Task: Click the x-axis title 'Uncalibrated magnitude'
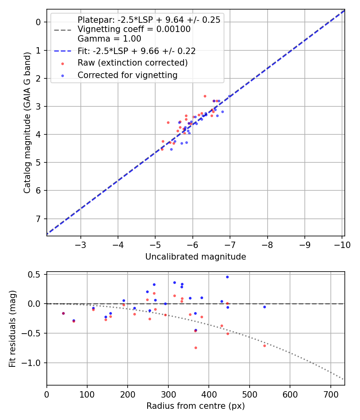(x=195, y=256)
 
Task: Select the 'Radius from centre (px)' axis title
(x=195, y=406)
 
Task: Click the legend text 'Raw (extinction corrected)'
(x=132, y=63)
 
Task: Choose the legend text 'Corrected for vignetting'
(x=128, y=75)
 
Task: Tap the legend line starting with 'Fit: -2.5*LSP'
(x=136, y=51)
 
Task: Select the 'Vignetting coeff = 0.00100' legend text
(x=134, y=29)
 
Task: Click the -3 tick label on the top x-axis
(x=81, y=245)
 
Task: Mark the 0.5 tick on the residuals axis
(x=36, y=274)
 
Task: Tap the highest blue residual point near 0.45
(x=227, y=277)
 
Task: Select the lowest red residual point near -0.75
(x=196, y=348)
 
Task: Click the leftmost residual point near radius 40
(x=63, y=313)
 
